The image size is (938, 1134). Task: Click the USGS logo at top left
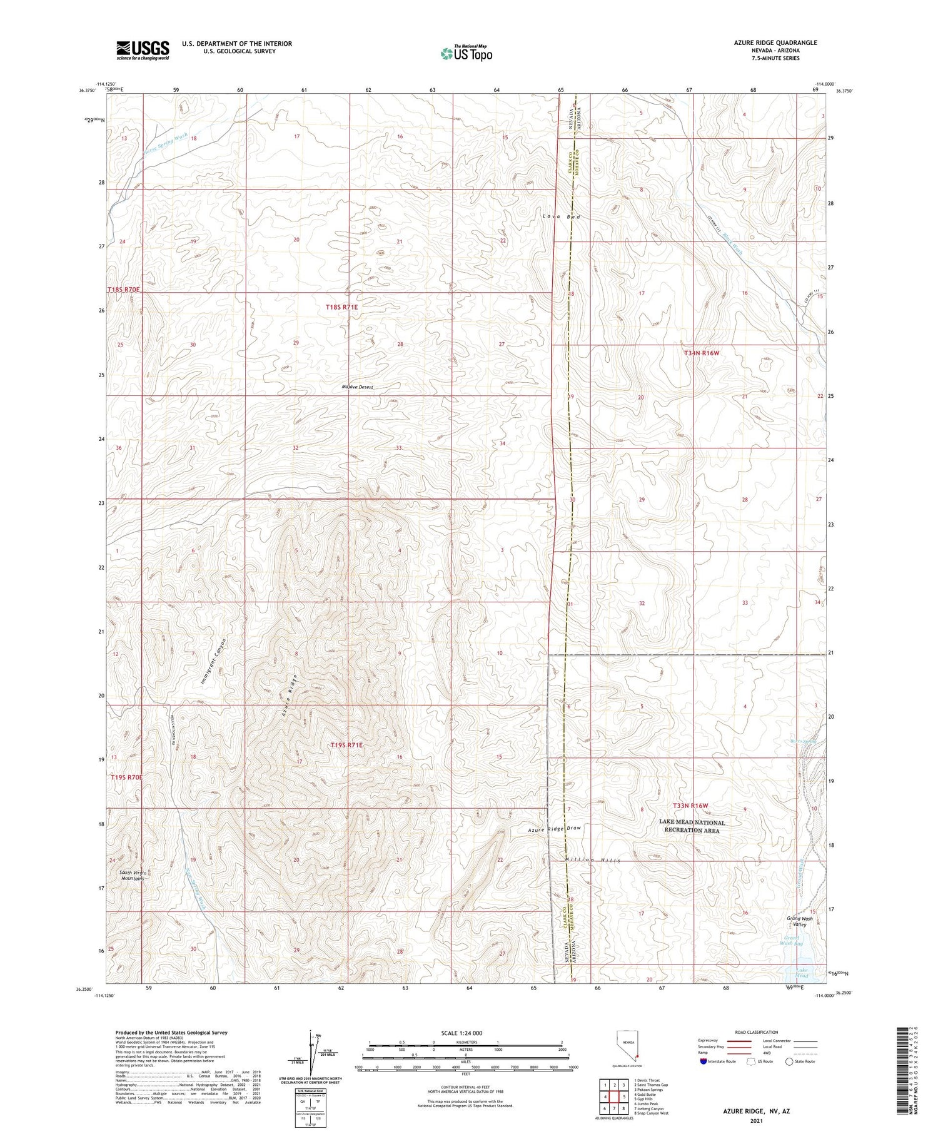[143, 50]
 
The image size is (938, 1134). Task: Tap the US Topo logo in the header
[466, 54]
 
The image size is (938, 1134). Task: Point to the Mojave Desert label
[358, 387]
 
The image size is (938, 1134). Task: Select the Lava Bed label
[562, 216]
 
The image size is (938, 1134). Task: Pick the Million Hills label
[592, 860]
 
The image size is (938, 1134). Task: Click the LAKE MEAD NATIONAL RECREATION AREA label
[692, 826]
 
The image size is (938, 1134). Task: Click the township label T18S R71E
[341, 307]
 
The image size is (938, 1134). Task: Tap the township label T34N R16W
[702, 353]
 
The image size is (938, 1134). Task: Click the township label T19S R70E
[127, 777]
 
